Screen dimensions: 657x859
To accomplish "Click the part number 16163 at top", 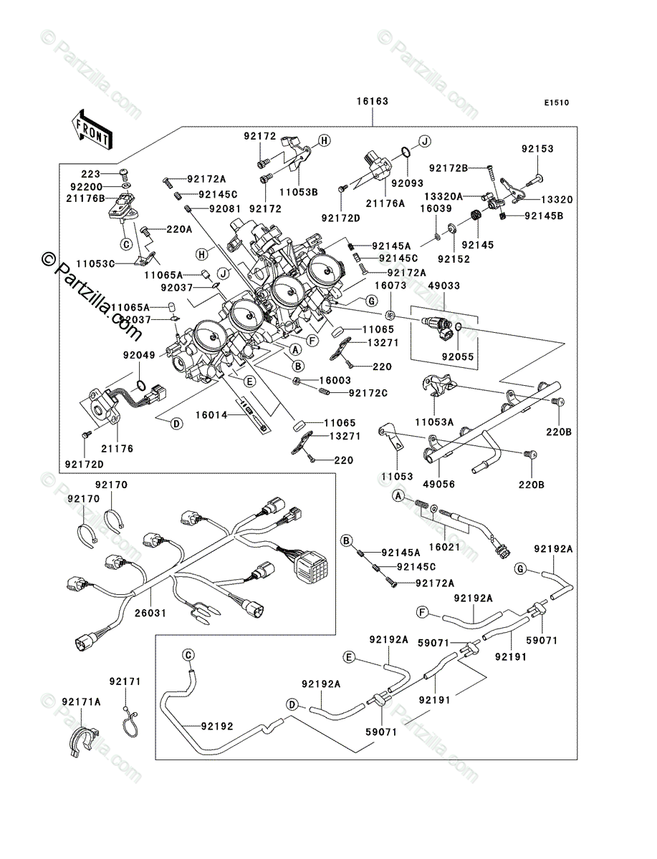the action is (373, 102).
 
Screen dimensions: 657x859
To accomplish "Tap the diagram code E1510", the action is (557, 103).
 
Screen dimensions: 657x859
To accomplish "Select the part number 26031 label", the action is (150, 613).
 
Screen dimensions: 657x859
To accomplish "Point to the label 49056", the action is (439, 484).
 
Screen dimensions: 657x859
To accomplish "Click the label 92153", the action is (537, 149).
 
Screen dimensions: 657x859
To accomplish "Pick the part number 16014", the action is (211, 414).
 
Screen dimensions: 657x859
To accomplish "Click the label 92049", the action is (140, 355).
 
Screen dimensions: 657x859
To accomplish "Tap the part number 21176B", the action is (85, 198).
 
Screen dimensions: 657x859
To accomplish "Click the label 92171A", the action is (81, 702).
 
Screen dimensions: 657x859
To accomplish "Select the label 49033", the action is (443, 286).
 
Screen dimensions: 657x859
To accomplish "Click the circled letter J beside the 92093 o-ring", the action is (424, 140).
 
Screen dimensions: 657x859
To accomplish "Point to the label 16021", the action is (445, 547).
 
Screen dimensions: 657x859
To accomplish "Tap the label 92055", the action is (458, 356).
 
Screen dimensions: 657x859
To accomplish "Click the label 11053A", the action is (435, 422).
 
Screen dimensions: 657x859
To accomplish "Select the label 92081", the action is (225, 209).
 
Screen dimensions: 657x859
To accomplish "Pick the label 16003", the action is (335, 380).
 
